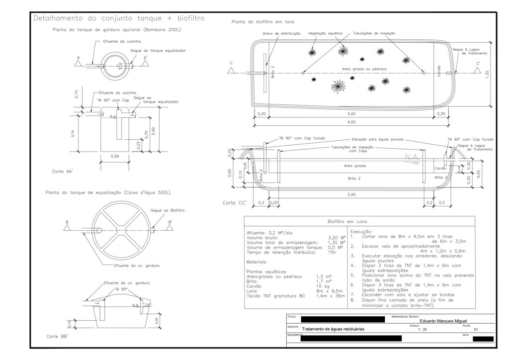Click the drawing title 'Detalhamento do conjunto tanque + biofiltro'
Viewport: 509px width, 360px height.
click(118, 18)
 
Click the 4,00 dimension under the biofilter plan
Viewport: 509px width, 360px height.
click(351, 122)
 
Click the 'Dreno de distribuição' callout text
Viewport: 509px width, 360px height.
click(282, 33)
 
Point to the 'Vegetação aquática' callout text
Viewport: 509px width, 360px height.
click(326, 33)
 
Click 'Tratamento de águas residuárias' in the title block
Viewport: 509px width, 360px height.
click(333, 329)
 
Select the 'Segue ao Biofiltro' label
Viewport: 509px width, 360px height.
click(167, 211)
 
